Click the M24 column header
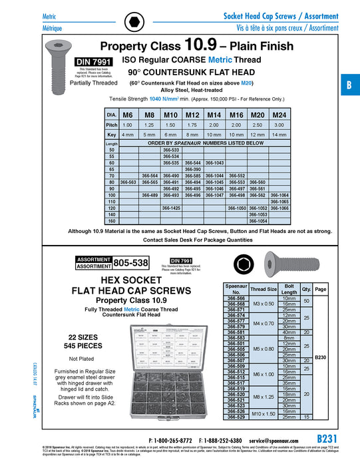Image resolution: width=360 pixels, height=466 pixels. (x=279, y=115)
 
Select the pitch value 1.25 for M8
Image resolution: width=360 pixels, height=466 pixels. (x=150, y=124)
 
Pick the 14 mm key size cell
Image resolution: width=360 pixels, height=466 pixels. (x=279, y=134)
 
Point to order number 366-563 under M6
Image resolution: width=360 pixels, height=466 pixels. (x=128, y=182)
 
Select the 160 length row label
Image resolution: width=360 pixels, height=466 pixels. (x=111, y=222)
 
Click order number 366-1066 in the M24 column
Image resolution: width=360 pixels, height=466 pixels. (x=279, y=208)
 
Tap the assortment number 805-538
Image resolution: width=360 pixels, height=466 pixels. (x=131, y=263)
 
